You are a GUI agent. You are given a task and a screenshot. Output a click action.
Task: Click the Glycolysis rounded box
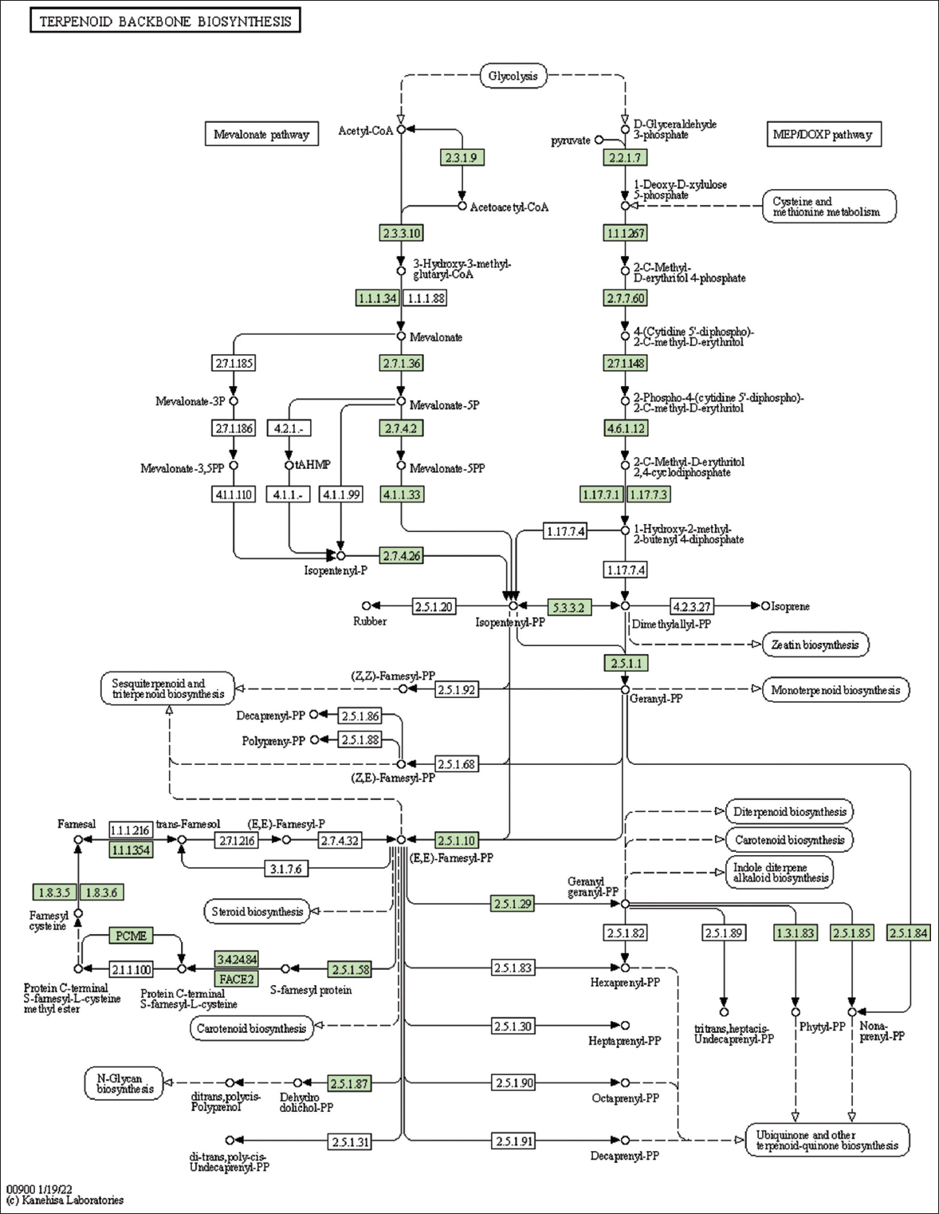coord(513,76)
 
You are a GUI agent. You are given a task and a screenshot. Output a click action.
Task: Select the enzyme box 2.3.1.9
coord(462,158)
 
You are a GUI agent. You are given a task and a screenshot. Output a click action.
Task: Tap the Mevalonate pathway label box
coord(261,134)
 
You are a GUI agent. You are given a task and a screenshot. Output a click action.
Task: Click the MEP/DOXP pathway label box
coord(823,134)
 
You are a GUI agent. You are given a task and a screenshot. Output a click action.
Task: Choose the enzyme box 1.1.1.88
coord(426,298)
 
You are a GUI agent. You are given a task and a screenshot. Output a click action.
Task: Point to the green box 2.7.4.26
coord(401,556)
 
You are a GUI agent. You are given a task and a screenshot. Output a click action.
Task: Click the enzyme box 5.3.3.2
coord(569,607)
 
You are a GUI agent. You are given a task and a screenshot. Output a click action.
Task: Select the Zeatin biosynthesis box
coord(815,644)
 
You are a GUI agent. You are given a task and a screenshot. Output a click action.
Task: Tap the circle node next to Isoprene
coord(765,606)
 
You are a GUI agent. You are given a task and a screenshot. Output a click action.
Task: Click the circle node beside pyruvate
coord(599,140)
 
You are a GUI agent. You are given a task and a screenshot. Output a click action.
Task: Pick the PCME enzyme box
coord(131,935)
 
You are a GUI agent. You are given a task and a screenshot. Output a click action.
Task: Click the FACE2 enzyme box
coord(236,978)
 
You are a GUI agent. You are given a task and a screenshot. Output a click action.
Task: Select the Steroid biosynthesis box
coord(257,911)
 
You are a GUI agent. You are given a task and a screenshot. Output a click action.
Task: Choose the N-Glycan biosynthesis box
coord(124,1083)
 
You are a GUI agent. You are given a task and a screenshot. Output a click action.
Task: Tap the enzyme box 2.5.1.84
coord(908,932)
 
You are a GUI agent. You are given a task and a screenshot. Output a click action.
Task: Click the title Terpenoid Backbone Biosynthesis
coord(165,21)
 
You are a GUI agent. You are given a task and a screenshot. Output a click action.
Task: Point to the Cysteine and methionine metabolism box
coord(829,206)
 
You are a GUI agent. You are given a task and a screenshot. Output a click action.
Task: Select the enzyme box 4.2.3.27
coord(692,607)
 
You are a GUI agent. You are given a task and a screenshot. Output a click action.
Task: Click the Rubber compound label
coord(370,621)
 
